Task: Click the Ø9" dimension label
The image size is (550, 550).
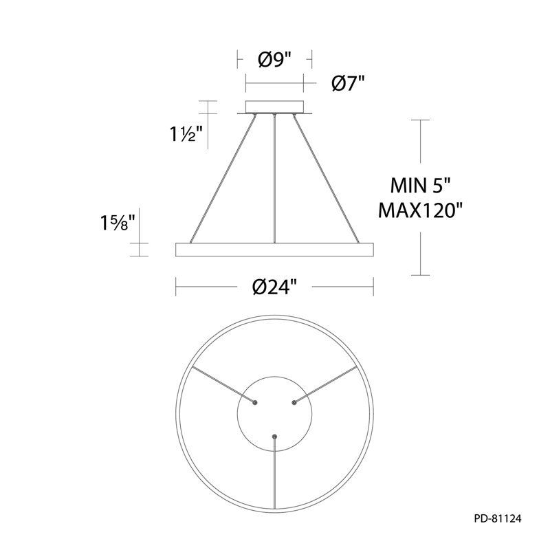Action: [x=274, y=60]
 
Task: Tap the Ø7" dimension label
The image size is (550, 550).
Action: [x=349, y=84]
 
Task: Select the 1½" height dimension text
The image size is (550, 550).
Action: [x=186, y=133]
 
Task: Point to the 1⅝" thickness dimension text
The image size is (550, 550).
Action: [x=118, y=223]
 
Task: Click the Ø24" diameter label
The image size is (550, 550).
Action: [x=274, y=287]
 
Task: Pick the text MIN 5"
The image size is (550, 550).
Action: [x=420, y=185]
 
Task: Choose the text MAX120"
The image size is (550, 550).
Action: [x=420, y=211]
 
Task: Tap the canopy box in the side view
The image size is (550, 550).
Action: [x=274, y=107]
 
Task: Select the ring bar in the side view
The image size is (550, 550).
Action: [x=274, y=250]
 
